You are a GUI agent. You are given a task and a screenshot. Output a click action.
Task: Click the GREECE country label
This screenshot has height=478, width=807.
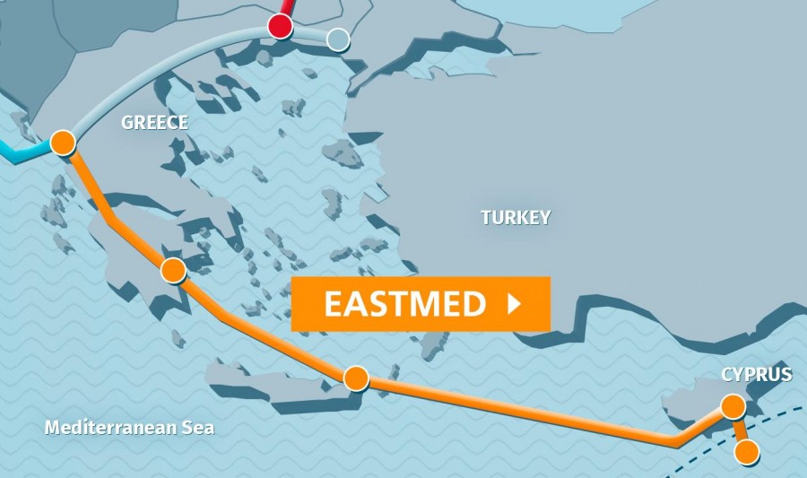tap(154, 123)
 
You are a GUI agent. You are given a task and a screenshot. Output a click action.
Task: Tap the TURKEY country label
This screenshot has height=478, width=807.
tap(516, 217)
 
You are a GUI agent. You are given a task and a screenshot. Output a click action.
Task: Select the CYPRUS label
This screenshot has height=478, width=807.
tap(757, 374)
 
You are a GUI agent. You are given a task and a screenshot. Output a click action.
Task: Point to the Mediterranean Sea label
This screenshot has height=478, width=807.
tap(130, 428)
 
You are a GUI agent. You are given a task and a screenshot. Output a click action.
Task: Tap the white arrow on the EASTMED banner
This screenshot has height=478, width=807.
tap(514, 304)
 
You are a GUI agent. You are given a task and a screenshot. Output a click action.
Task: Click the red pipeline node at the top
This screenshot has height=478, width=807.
tap(282, 26)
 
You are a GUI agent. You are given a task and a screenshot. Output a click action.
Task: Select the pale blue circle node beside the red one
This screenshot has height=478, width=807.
tap(337, 39)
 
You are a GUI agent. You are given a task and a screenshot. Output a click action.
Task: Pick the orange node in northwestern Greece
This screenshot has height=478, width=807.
tap(63, 142)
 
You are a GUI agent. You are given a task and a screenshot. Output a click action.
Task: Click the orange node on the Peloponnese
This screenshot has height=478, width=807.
tap(173, 269)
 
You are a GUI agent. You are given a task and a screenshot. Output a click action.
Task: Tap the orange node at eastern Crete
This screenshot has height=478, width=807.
tap(356, 378)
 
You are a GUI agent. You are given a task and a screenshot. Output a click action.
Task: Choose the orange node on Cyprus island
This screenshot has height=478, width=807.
tap(733, 407)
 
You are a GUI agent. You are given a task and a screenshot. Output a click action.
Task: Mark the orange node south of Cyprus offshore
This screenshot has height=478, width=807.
tap(746, 451)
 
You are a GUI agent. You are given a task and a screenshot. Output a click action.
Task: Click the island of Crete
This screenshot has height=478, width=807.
tap(269, 381)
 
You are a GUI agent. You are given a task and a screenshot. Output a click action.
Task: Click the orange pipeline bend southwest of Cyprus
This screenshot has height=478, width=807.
tap(677, 441)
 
